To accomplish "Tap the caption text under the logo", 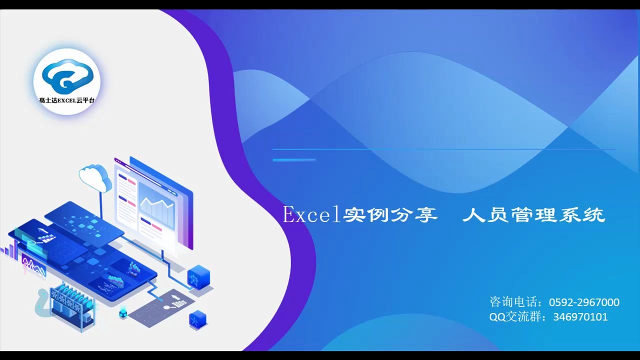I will (x=67, y=100).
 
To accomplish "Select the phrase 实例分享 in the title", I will (x=390, y=215).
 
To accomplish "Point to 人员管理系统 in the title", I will (x=533, y=215).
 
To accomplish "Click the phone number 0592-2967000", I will (x=584, y=302).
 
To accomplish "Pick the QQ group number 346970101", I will (x=580, y=316).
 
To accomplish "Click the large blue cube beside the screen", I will (x=198, y=277).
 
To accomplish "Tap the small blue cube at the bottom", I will (x=198, y=319).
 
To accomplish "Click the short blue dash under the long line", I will (x=294, y=160).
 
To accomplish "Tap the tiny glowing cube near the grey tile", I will (x=123, y=314).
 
